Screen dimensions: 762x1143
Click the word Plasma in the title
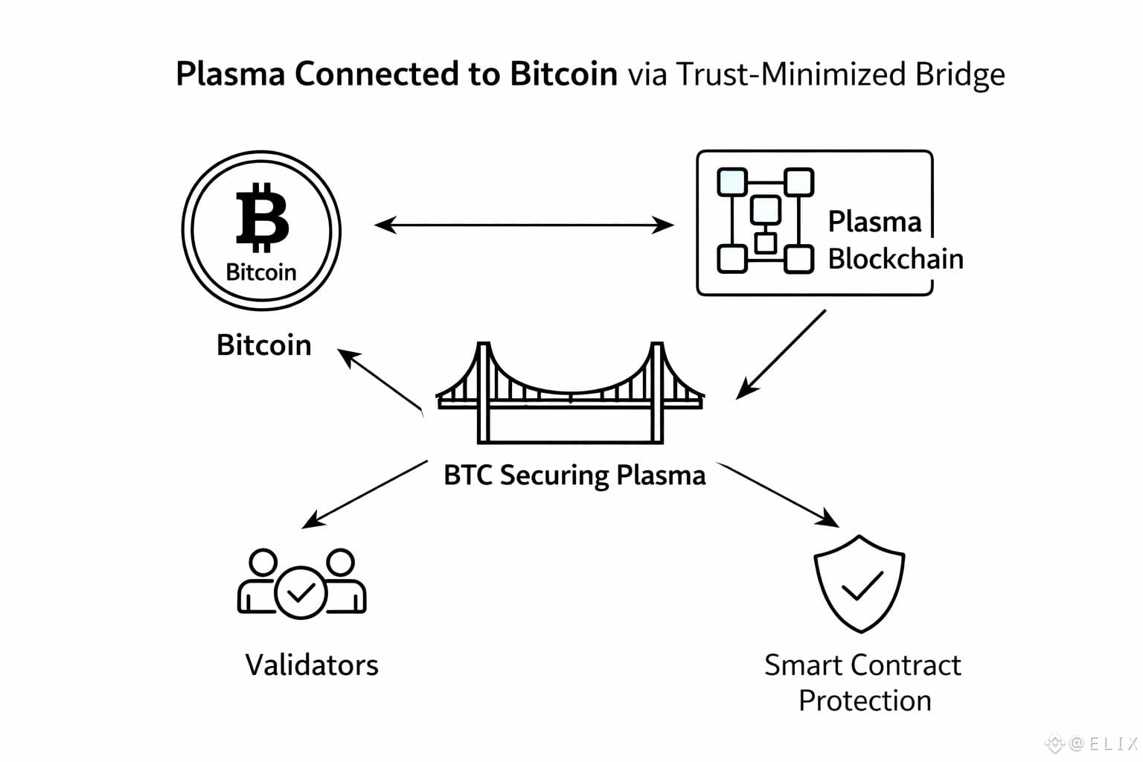point(230,74)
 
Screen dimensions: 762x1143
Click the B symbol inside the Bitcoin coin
point(261,217)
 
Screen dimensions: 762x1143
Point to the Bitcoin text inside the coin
point(261,272)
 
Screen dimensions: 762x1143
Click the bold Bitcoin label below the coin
point(263,345)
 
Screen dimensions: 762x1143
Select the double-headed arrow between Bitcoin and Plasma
point(523,224)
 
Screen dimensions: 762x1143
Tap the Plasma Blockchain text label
point(894,240)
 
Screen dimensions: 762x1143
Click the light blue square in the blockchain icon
point(731,182)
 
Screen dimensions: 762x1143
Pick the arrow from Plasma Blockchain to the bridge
point(781,354)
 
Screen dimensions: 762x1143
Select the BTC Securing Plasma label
point(574,475)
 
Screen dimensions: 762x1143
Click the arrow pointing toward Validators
point(365,495)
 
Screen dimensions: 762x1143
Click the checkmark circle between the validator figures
point(301,592)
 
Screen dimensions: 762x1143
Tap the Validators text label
point(312,665)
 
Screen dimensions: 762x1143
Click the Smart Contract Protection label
point(863,682)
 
